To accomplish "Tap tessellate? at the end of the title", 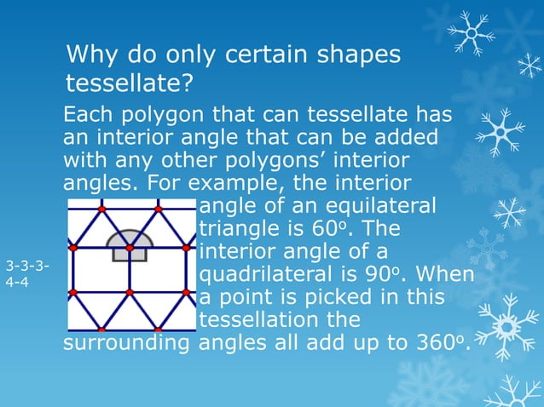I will click(x=130, y=84).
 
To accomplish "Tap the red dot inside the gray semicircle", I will click(x=130, y=248).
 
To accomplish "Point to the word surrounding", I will click(x=128, y=346).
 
